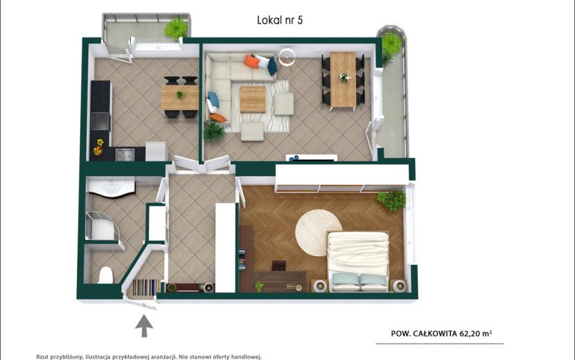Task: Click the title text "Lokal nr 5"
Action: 280,20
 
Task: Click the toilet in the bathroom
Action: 105,275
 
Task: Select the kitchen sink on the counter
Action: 125,154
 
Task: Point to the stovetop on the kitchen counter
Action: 100,121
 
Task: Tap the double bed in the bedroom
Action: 358,261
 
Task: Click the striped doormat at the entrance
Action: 145,287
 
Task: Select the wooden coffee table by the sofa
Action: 253,99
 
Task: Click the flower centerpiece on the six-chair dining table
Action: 344,77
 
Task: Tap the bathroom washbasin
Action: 111,188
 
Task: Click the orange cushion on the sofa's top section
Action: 251,62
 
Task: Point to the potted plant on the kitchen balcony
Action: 176,28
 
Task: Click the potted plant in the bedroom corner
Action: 391,200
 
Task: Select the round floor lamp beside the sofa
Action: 287,57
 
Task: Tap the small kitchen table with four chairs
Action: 180,97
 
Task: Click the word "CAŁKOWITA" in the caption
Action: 435,334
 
